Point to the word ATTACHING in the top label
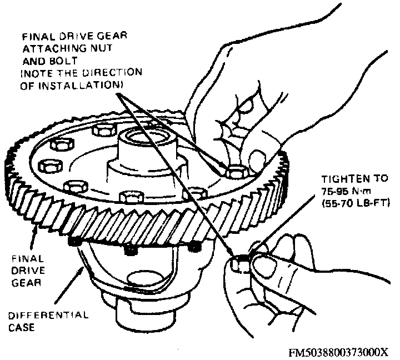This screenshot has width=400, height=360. pos(51,48)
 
